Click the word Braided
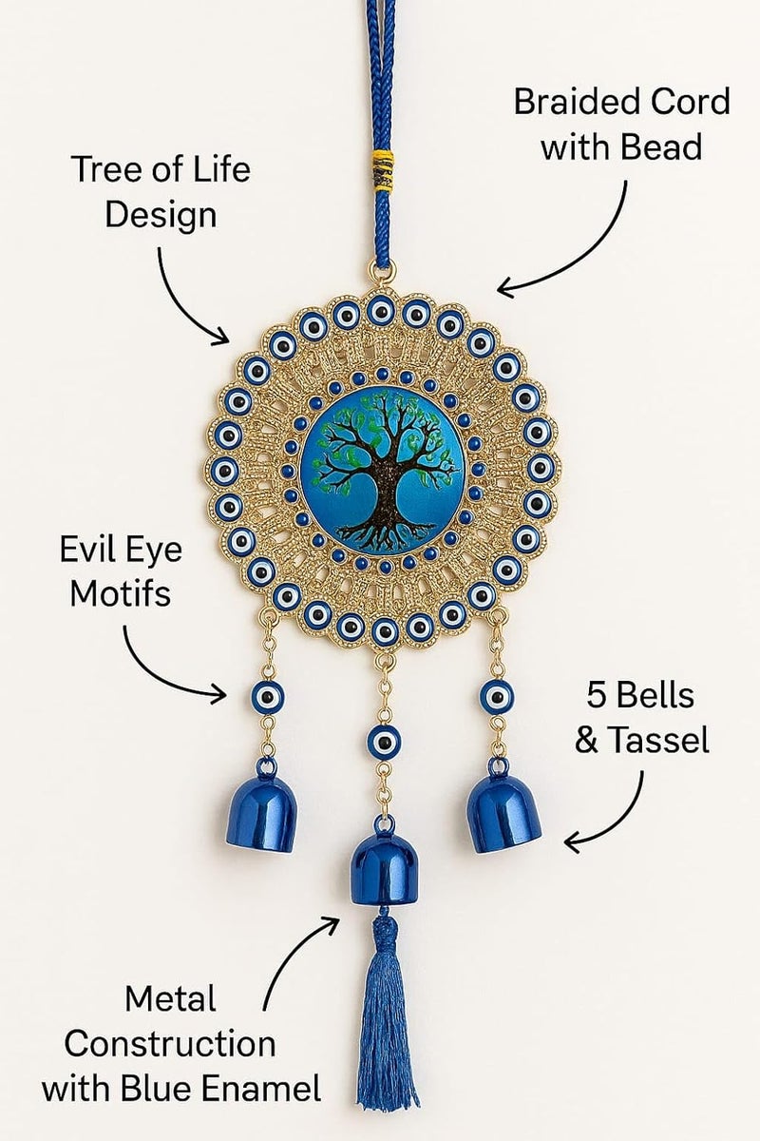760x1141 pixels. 575,102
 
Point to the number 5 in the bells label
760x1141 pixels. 598,695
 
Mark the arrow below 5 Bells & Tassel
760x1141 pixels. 618,815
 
